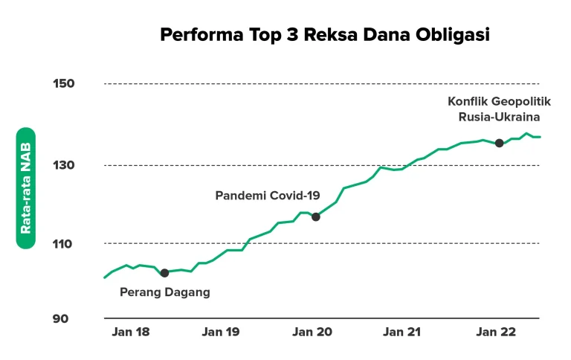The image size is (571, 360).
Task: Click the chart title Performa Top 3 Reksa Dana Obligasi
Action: [x=325, y=35]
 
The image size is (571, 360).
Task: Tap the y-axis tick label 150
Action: [x=63, y=83]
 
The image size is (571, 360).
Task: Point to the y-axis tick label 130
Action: [x=63, y=165]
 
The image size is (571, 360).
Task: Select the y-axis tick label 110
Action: [x=63, y=243]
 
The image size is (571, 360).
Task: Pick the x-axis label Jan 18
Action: [x=130, y=332]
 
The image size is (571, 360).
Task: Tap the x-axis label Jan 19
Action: [x=221, y=332]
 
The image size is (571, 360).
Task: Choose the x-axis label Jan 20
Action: [x=312, y=332]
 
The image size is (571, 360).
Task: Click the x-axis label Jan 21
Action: [x=402, y=332]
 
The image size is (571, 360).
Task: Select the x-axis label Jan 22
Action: [x=495, y=332]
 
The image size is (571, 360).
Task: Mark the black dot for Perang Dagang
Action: [x=164, y=273]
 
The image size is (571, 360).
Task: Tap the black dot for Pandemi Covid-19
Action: [x=315, y=216]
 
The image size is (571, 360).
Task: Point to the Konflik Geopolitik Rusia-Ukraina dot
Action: [x=499, y=143]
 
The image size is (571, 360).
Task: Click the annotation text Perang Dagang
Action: [x=165, y=292]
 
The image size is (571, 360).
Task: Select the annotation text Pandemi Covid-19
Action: [x=268, y=196]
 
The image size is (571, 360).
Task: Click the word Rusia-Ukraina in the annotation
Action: [x=499, y=116]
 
